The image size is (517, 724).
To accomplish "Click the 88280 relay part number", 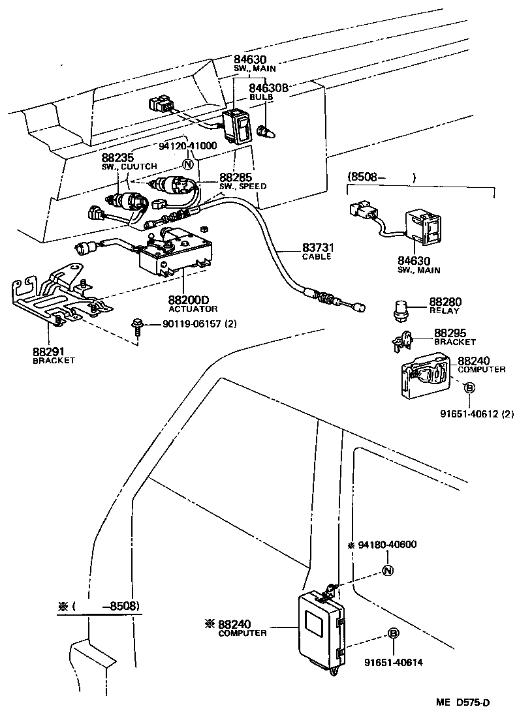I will tap(445, 302).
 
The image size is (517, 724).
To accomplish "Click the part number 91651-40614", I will tap(394, 662).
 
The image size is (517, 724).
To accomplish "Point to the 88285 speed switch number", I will tap(234, 177).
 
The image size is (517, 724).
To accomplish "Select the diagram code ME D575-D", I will tap(463, 702).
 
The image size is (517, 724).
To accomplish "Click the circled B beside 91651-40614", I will tap(393, 633).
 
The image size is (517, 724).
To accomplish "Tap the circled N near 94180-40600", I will tap(386, 571).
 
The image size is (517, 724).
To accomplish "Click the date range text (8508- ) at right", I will tap(381, 176).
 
